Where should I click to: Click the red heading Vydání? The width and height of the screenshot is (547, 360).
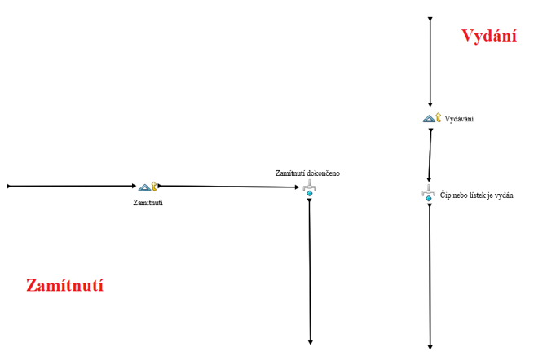pyautogui.click(x=489, y=36)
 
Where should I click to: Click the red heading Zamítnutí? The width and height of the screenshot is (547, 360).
pyautogui.click(x=64, y=286)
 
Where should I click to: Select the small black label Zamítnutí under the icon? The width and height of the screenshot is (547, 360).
pyautogui.click(x=148, y=203)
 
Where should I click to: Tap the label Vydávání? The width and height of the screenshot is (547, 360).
pyautogui.click(x=460, y=119)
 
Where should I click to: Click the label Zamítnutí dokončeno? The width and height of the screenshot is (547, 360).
pyautogui.click(x=308, y=173)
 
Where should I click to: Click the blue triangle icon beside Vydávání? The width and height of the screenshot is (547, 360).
pyautogui.click(x=428, y=119)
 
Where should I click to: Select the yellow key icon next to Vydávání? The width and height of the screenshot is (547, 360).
pyautogui.click(x=439, y=118)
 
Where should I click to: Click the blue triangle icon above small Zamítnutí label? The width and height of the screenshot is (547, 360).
pyautogui.click(x=143, y=187)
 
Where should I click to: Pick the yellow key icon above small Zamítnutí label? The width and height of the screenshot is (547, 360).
pyautogui.click(x=153, y=187)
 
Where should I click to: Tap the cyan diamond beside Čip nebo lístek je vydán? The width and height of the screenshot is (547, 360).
pyautogui.click(x=429, y=198)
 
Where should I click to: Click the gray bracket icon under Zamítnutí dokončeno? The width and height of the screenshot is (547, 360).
pyautogui.click(x=309, y=188)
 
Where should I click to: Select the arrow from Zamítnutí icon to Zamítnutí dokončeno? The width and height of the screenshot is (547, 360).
pyautogui.click(x=228, y=187)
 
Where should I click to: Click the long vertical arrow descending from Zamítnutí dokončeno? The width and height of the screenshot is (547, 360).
pyautogui.click(x=310, y=269)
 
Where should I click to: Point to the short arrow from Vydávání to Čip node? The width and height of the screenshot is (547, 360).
pyautogui.click(x=430, y=155)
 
